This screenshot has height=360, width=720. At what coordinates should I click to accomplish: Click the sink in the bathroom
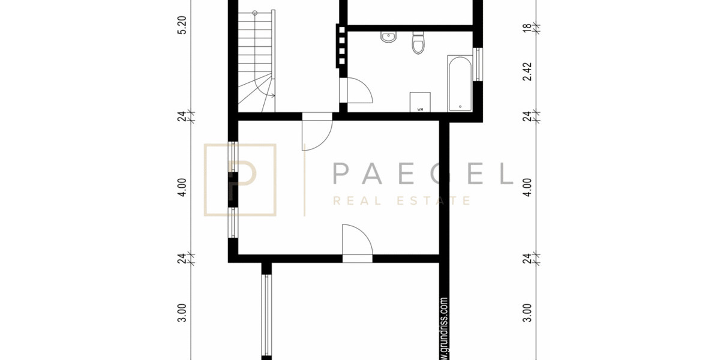coord(388,37)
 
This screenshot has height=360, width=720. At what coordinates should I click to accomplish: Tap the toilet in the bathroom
coord(418,43)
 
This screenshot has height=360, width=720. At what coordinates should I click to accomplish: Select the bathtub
coord(460,84)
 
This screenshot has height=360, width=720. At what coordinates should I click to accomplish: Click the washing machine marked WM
coord(421,102)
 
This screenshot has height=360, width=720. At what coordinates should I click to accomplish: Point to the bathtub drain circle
coord(460,106)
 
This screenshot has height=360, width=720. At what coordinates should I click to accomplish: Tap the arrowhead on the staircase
coord(273,95)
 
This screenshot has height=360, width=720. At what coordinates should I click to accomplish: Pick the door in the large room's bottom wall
coord(358,243)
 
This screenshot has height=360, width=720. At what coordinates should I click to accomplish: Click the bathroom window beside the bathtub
coord(478,64)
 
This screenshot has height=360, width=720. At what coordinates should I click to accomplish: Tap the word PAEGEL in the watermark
coord(422,173)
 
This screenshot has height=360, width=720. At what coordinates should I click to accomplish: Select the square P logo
coord(241,179)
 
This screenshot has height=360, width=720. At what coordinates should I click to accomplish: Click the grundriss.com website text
coord(445,327)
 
